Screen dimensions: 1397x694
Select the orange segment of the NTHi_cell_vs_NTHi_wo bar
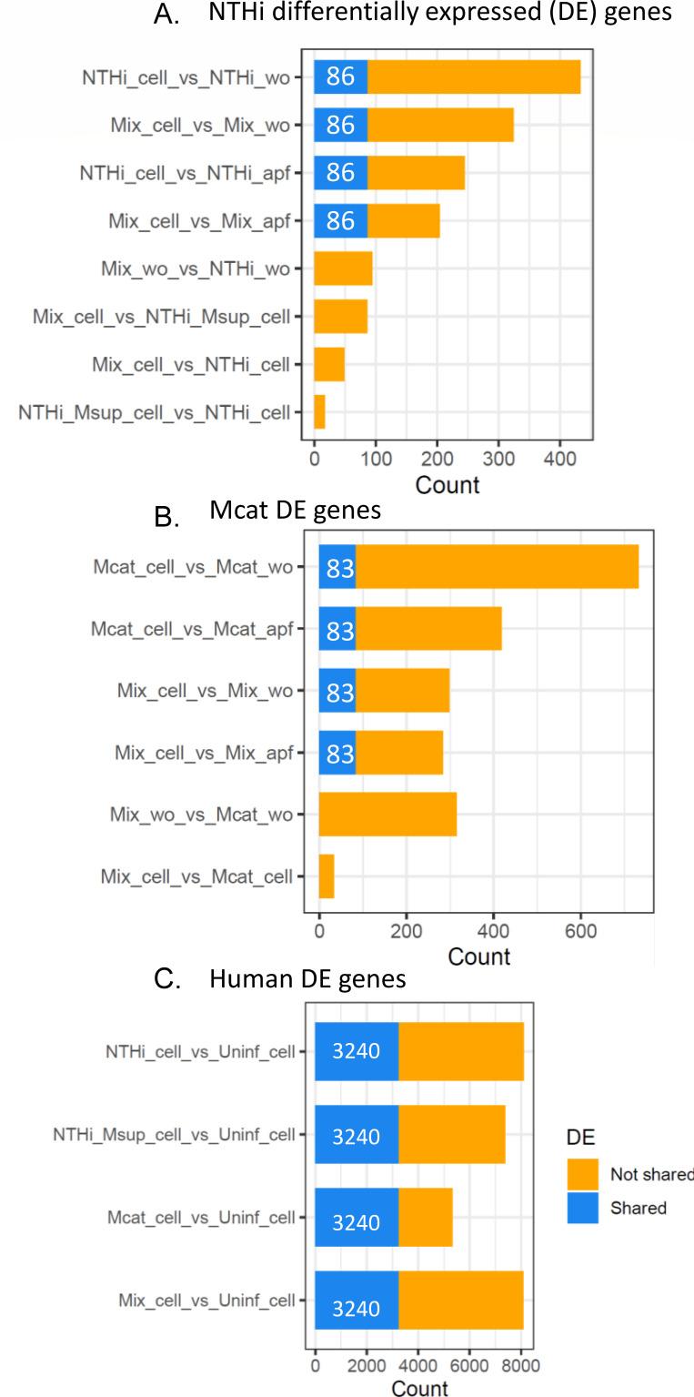pyautogui.click(x=473, y=77)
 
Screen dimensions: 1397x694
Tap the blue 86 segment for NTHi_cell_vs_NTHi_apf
pyautogui.click(x=340, y=172)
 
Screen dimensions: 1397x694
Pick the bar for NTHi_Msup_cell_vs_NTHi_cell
pyautogui.click(x=319, y=411)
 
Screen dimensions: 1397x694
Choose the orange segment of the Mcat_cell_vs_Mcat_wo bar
pyautogui.click(x=497, y=567)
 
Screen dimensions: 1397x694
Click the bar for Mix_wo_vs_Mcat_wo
pyautogui.click(x=387, y=814)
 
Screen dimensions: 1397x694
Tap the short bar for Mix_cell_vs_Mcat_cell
pyautogui.click(x=327, y=876)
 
